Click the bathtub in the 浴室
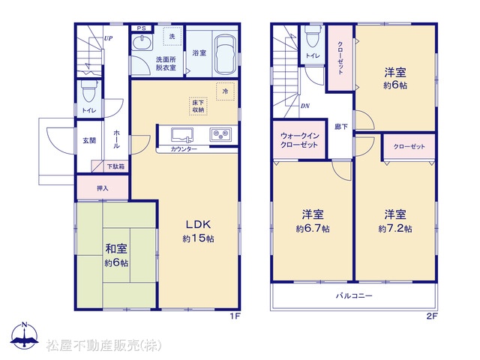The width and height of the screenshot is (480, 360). (x=225, y=54)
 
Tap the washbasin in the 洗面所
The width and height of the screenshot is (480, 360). (x=142, y=42)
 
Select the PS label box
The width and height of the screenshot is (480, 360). (x=142, y=28)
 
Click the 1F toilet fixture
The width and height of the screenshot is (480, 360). (x=89, y=91)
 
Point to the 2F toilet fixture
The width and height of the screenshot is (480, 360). (x=313, y=36)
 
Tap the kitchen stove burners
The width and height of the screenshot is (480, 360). (x=220, y=133)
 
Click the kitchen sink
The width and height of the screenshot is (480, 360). (x=182, y=135)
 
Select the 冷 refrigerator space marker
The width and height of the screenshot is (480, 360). (x=225, y=91)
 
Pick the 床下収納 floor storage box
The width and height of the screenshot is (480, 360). (x=198, y=106)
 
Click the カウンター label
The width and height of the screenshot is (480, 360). (x=184, y=149)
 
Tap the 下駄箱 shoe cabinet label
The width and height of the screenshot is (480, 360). (x=115, y=166)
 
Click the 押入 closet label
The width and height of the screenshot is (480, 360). (x=103, y=188)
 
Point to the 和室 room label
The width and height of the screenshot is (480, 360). (x=116, y=248)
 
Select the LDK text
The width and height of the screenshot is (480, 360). (x=198, y=225)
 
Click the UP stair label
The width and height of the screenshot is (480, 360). (x=108, y=38)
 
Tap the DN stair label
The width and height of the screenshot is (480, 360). (x=305, y=106)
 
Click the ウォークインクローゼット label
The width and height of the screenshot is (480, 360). (x=299, y=140)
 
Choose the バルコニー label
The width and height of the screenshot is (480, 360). (x=354, y=295)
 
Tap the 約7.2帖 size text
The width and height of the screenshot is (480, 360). (x=395, y=228)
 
